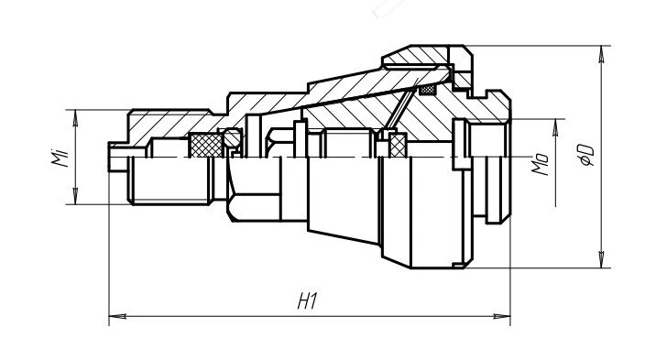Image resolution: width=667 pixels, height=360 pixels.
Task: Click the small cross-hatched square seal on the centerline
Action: tap(398, 145)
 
